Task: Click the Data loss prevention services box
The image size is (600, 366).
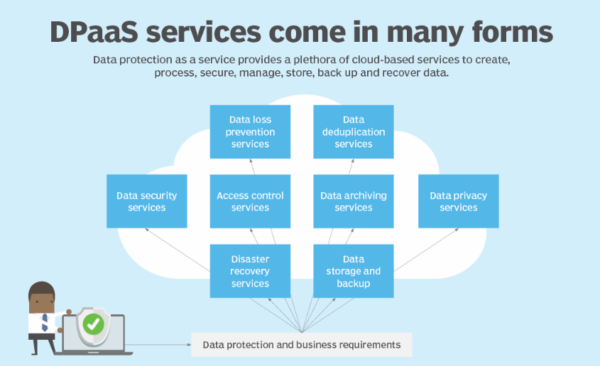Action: point(250,132)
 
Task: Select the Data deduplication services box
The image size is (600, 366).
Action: point(354,132)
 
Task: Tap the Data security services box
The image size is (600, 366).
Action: point(147,201)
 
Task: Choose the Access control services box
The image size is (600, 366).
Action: point(250,201)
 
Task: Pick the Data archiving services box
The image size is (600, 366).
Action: point(354,201)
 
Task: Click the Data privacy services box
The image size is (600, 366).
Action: point(458,201)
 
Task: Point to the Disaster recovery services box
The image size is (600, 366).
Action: point(250,271)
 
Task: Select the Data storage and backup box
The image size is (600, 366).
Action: point(354,271)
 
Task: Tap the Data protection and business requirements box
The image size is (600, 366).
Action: point(302,345)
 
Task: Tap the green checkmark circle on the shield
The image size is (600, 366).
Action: point(93,324)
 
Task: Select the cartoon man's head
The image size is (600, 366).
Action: point(41,296)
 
